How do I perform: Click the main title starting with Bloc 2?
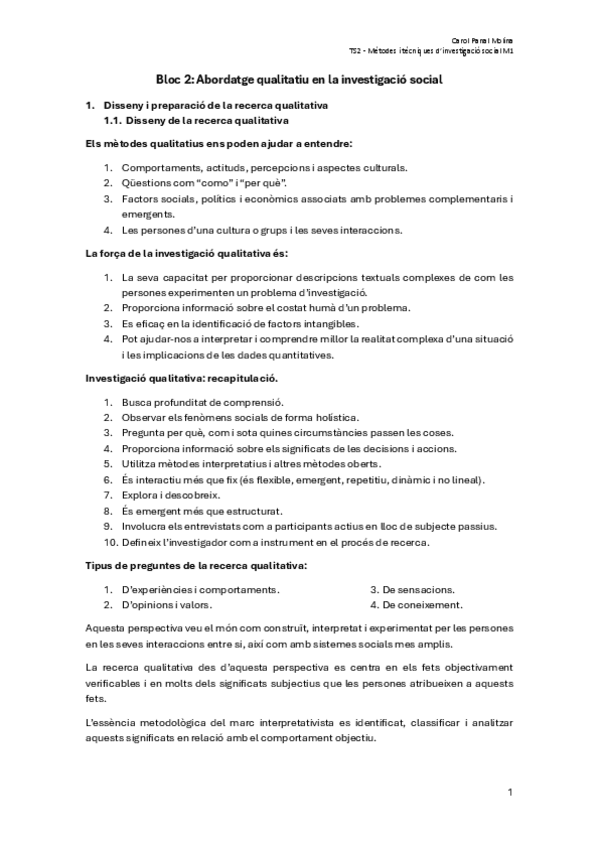(300, 78)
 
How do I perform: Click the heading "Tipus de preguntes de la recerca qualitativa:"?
(193, 566)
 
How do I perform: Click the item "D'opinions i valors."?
(166, 605)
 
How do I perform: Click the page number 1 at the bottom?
(510, 793)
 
